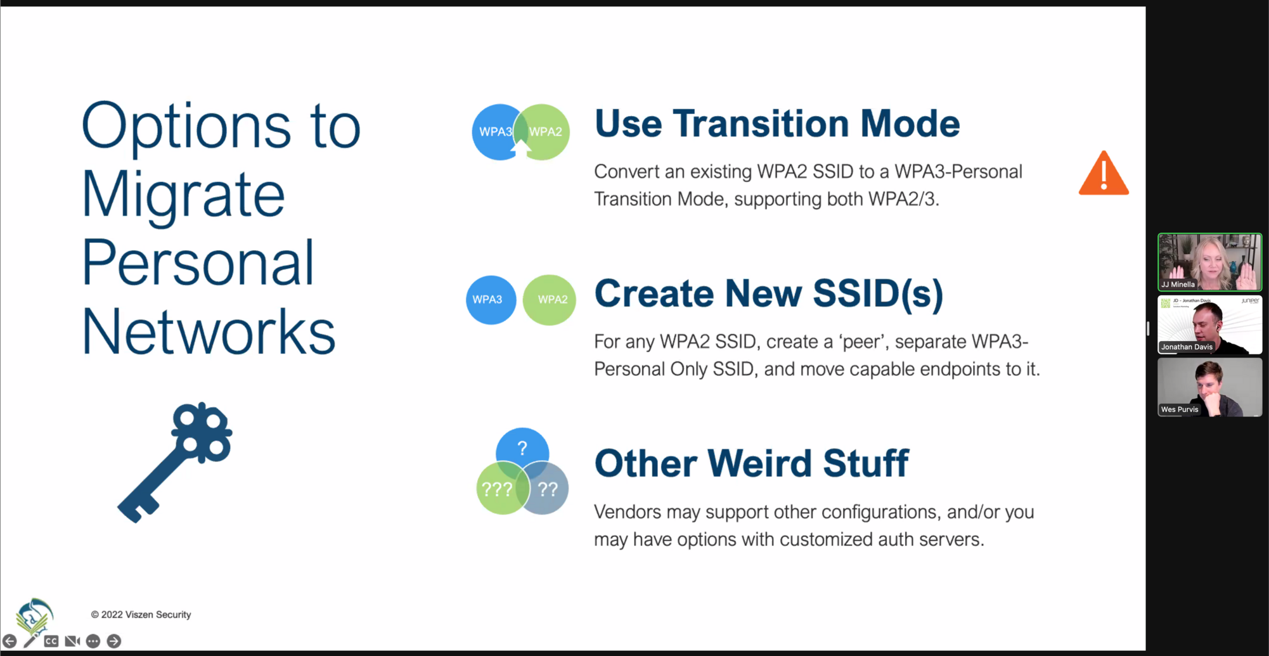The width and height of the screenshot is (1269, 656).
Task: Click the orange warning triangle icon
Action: point(1104,174)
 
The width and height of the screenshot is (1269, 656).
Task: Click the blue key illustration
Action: point(175,462)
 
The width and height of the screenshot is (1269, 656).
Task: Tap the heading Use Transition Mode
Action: point(777,123)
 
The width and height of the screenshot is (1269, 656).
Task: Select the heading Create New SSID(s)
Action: point(769,293)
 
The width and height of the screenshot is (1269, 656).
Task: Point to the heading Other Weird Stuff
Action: point(752,463)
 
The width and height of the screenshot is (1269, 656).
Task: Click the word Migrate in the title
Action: point(183,195)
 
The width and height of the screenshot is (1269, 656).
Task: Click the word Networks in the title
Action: point(209,331)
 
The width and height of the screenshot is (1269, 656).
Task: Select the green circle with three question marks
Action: point(499,489)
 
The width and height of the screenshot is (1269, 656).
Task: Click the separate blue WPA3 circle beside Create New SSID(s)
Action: point(491,300)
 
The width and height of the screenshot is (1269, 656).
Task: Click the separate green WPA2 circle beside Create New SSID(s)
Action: point(550,300)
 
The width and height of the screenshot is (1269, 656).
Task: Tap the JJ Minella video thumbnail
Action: point(1209,262)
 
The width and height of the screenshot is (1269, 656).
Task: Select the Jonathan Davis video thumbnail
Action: point(1209,325)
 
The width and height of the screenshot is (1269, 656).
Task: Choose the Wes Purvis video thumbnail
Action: point(1209,387)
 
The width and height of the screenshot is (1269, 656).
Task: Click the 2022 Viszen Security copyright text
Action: point(141,614)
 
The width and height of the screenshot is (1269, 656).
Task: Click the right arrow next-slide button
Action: point(114,641)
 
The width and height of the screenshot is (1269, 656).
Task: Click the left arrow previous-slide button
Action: point(10,641)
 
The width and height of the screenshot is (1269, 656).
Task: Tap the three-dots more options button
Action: point(93,641)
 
